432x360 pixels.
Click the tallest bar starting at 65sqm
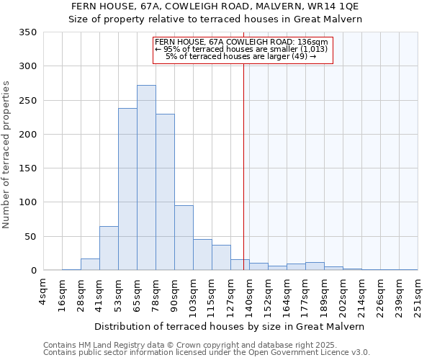[x=146, y=178]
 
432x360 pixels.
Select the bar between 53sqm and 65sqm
[x=127, y=189]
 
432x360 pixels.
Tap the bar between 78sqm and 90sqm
[x=165, y=192]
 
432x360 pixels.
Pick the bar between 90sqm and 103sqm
[x=184, y=238]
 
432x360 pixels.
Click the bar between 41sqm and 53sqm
[x=109, y=248]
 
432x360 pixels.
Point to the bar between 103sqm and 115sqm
[x=202, y=255]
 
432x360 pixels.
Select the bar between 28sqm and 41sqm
[x=90, y=264]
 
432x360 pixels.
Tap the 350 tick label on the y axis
[x=27, y=32]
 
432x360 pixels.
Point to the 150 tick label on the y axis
[x=27, y=168]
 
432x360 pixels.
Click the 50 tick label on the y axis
[x=30, y=236]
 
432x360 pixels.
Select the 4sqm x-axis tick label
[x=43, y=292]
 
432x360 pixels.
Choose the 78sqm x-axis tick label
[x=156, y=292]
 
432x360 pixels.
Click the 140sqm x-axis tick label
[x=249, y=294]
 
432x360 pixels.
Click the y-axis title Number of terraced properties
[x=7, y=155]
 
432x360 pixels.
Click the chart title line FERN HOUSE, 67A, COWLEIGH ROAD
[x=215, y=6]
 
